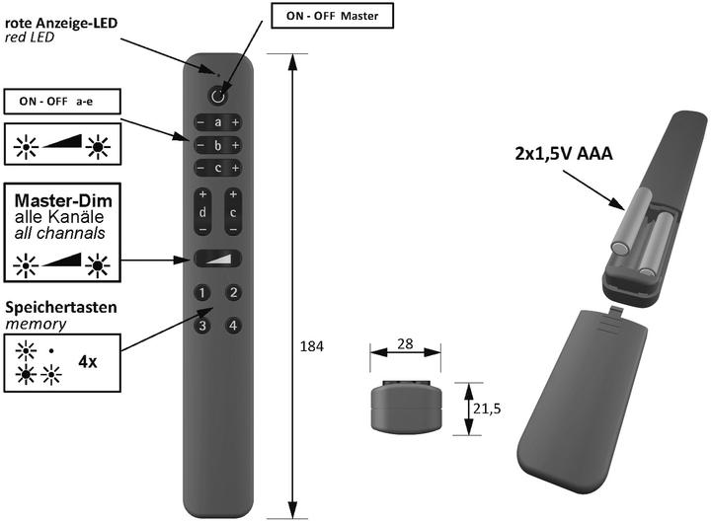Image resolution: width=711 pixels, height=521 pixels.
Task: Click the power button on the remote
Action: (217, 97)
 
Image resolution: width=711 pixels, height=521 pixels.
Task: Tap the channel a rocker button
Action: (217, 123)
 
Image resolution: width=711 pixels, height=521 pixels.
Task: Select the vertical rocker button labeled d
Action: (202, 211)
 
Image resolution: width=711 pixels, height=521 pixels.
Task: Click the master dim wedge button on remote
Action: (217, 259)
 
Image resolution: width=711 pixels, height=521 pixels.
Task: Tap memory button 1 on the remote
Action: (201, 293)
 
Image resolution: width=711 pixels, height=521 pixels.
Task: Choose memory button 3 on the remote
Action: (201, 325)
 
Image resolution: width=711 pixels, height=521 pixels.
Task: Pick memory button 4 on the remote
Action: (233, 325)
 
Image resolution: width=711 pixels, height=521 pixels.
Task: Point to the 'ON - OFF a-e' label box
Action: (62, 101)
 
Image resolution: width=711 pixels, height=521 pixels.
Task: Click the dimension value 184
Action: (311, 346)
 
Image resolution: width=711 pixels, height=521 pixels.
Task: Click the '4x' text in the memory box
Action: (88, 361)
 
